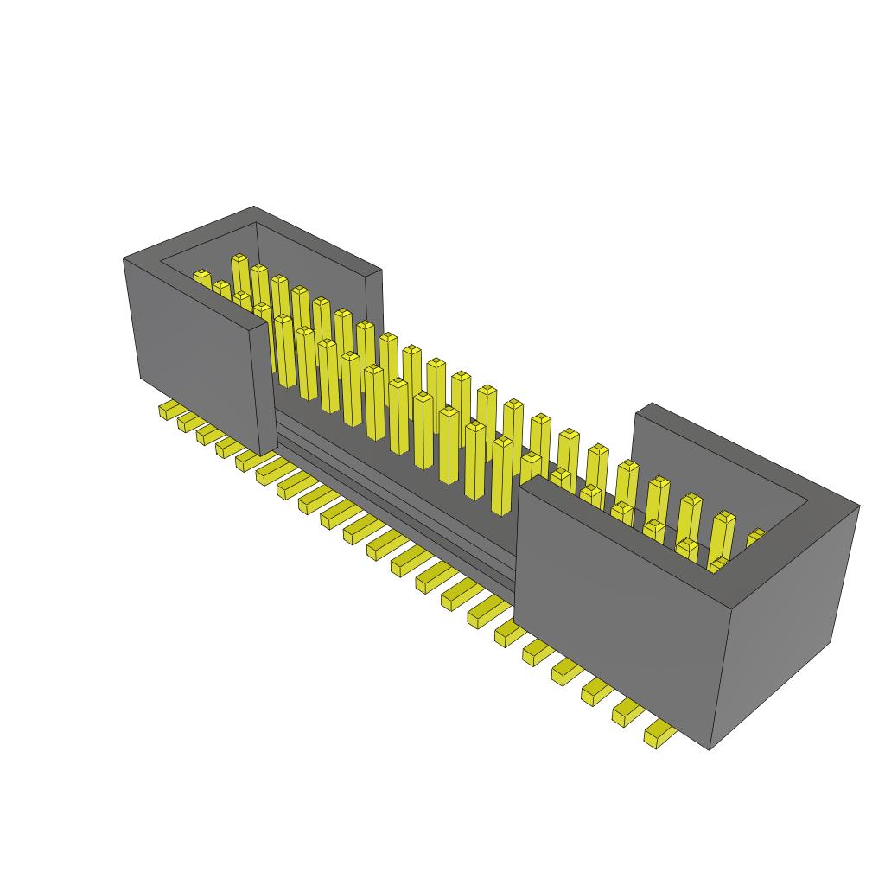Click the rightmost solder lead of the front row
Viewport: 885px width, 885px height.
tap(660, 735)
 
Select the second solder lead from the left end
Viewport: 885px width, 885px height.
tap(188, 422)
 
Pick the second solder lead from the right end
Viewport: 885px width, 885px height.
tap(629, 711)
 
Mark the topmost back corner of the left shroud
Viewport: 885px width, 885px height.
tap(253, 207)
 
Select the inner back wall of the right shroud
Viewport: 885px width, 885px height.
tap(691, 458)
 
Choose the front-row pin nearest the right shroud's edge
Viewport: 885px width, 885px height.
tap(502, 475)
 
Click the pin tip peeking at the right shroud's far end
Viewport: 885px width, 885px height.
tap(755, 538)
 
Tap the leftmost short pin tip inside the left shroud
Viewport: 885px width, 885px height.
tap(202, 277)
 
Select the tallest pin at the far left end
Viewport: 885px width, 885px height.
tap(240, 272)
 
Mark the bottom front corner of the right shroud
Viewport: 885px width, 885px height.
tap(710, 748)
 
